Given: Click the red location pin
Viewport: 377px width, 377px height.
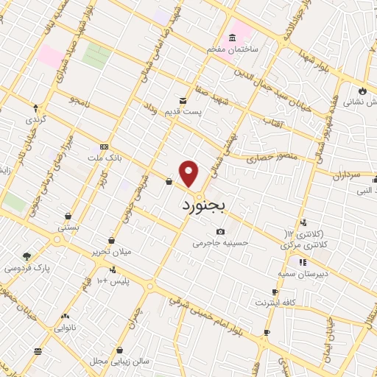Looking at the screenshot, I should coord(189,173).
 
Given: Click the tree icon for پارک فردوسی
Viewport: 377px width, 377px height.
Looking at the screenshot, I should coord(27,256).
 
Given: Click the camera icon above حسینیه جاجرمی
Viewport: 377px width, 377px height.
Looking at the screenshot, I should coord(220,231).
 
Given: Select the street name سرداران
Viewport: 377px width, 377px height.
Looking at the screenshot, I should coord(344,175).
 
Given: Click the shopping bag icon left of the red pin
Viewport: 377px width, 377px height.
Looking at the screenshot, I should coord(169,181).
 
